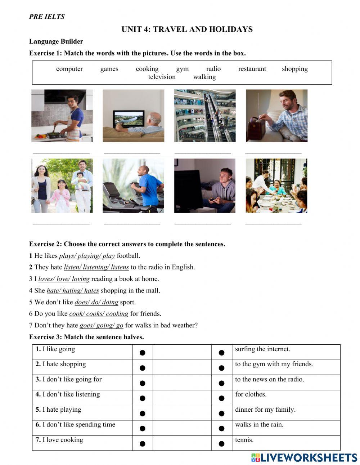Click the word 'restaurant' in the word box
tap(252, 69)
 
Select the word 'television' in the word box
tap(162, 77)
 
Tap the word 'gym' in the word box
tap(182, 69)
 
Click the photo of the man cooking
tap(62, 116)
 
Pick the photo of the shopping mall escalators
tap(205, 116)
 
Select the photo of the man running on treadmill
tap(133, 186)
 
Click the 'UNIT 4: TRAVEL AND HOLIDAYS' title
tap(187, 30)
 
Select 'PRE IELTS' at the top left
tap(47, 17)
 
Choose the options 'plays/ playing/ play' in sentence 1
tap(87, 256)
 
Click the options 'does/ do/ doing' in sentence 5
tap(96, 302)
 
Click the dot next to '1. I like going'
tap(143, 353)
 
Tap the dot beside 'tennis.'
tap(221, 443)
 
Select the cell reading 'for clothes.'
tap(251, 394)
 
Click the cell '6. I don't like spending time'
tap(75, 425)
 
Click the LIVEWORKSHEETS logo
tap(304, 457)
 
